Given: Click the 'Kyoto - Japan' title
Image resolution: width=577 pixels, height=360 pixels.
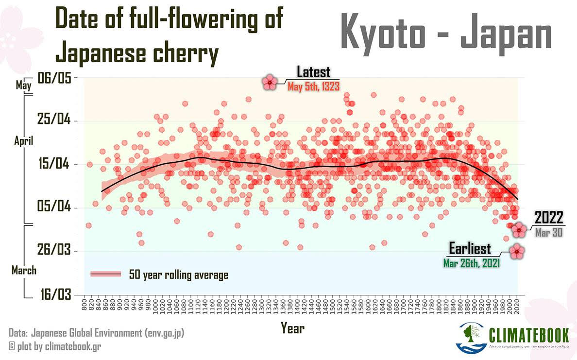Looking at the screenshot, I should (446, 33).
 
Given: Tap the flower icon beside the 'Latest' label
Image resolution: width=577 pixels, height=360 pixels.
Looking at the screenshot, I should (270, 83).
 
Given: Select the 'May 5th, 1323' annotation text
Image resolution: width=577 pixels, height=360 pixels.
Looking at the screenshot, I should (313, 86).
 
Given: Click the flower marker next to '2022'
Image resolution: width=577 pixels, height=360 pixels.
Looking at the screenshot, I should (520, 229).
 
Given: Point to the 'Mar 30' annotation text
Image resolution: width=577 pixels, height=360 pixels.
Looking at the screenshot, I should (549, 233).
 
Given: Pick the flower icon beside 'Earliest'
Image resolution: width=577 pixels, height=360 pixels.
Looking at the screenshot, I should (518, 251).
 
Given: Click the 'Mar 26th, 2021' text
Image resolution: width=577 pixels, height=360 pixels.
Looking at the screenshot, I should (472, 263).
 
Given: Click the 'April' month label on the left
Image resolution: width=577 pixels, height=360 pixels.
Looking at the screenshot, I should (23, 141).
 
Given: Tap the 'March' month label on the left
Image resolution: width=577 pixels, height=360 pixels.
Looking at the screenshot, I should (24, 270).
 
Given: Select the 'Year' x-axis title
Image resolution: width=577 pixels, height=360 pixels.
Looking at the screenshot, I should (292, 328).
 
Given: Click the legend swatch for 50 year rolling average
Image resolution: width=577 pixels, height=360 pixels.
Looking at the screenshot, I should (105, 274).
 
